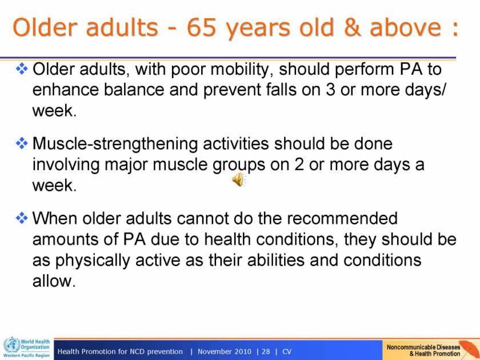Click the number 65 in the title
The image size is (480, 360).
[201, 27]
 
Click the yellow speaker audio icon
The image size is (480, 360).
[239, 179]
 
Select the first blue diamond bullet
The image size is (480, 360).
[22, 69]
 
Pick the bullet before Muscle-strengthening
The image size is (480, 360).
[22, 143]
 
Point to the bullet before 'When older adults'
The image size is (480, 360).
[22, 218]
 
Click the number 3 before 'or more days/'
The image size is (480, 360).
[330, 90]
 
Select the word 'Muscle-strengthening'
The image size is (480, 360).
[115, 144]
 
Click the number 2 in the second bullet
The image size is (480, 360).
[299, 165]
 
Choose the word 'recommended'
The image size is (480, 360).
[342, 218]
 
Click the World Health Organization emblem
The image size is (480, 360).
[11, 345]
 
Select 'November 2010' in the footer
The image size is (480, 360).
[225, 351]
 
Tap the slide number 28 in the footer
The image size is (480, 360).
[266, 351]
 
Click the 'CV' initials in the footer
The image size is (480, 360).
[287, 351]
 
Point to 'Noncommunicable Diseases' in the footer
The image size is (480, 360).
[423, 347]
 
